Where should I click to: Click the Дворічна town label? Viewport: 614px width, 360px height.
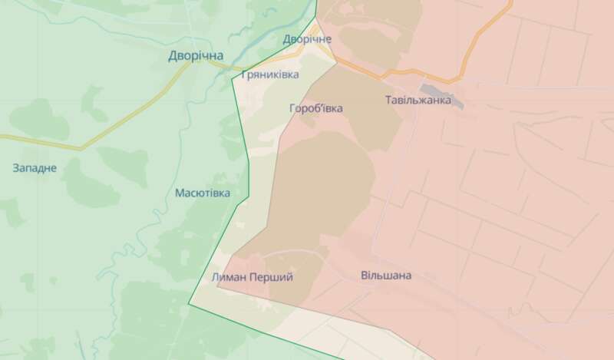tap(196, 56)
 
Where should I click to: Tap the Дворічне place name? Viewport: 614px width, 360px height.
tap(307, 38)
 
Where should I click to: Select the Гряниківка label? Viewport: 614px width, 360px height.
tap(270, 75)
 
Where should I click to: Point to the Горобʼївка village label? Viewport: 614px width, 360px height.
tap(316, 108)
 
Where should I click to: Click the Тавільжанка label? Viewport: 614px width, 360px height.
tap(417, 101)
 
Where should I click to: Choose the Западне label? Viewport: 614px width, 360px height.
tap(35, 167)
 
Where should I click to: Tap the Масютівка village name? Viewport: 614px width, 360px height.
tap(203, 193)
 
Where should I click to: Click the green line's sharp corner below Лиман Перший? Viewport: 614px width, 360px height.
tap(190, 306)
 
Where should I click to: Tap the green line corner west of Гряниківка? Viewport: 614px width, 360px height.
tap(232, 78)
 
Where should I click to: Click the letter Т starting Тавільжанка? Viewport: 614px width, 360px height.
tap(388, 101)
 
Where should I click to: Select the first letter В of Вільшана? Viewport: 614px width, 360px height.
tap(364, 275)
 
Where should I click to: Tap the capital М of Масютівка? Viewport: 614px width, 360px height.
tap(180, 193)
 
